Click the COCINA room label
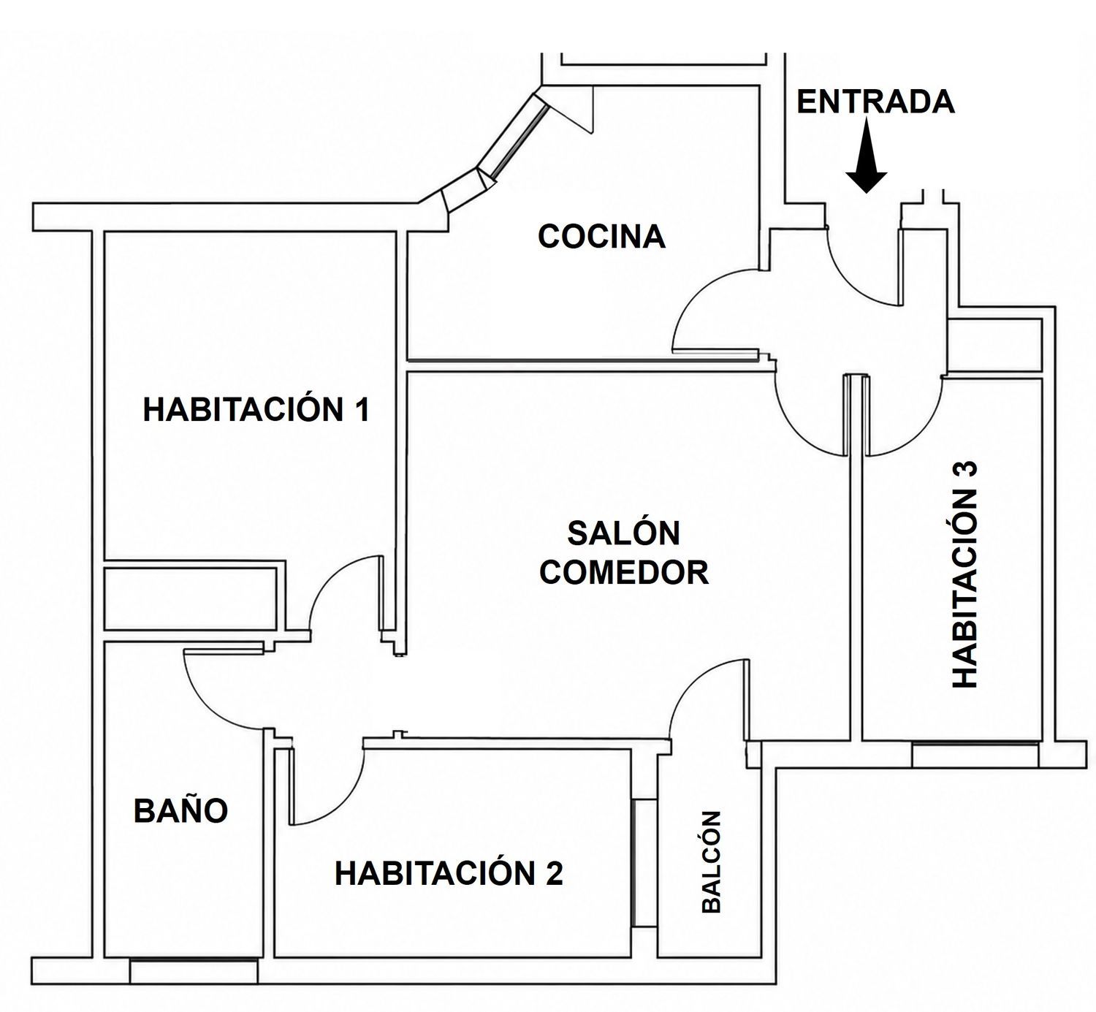pos(601,236)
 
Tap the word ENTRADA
pos(876,102)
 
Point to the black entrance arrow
pos(867,155)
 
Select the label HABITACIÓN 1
pos(256,410)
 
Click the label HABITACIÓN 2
pos(449,873)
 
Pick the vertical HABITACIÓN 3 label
pos(965,574)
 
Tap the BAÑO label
pos(181,810)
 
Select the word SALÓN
pos(623,533)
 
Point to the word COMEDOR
pos(623,572)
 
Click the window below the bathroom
pos(194,971)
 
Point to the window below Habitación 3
pos(975,756)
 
